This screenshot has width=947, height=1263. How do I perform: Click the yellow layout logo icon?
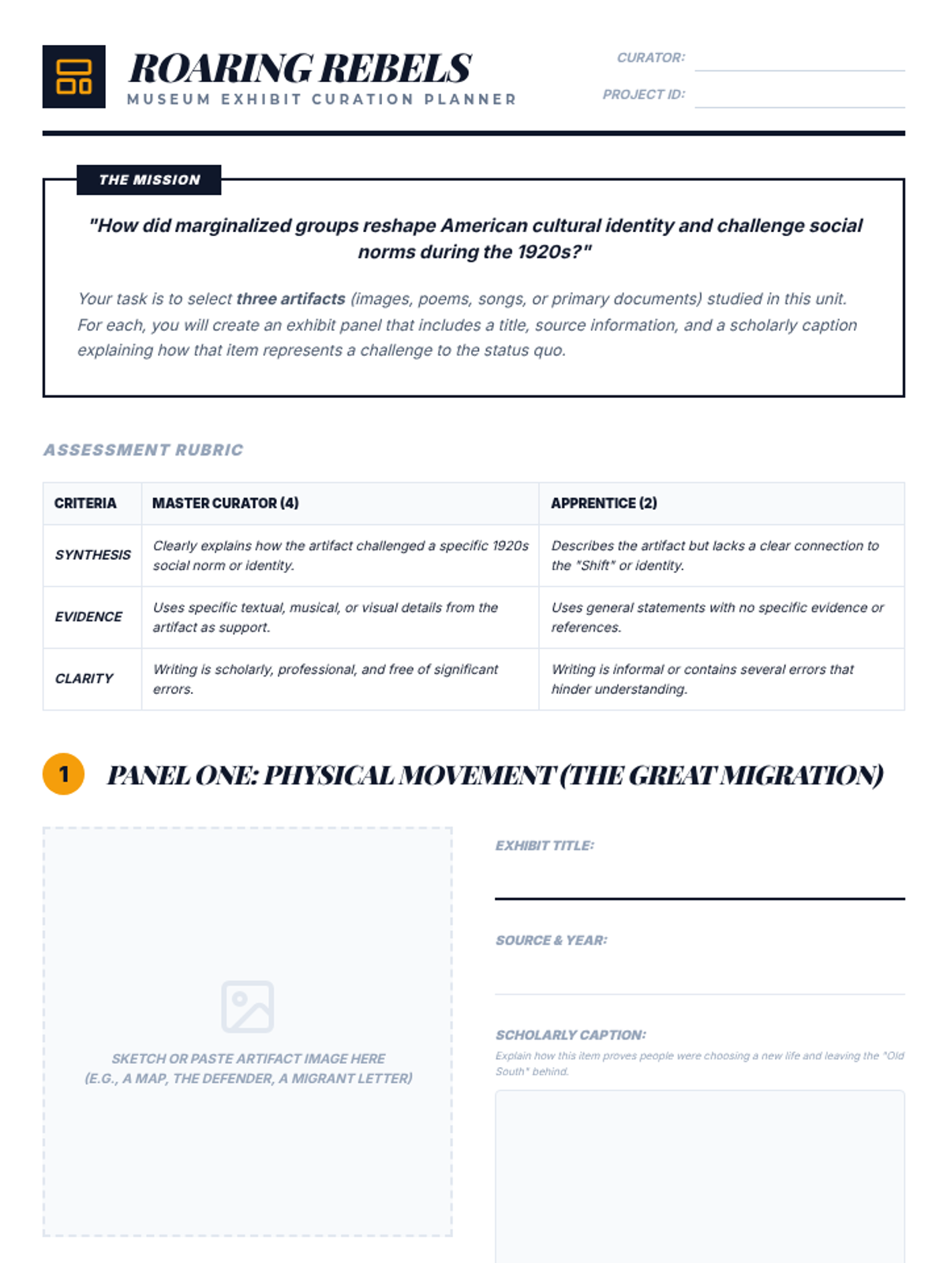tap(73, 77)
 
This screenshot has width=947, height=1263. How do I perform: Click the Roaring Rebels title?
tap(300, 68)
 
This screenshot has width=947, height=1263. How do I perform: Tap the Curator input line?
tap(799, 60)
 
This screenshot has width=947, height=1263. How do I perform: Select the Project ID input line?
tap(799, 96)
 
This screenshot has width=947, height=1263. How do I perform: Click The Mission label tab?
tap(149, 180)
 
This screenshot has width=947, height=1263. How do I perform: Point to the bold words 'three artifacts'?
tap(290, 299)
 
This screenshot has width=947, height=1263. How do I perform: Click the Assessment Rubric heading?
tap(144, 450)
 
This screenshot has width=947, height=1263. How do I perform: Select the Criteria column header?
tap(85, 504)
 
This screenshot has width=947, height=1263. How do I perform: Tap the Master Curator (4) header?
tap(226, 504)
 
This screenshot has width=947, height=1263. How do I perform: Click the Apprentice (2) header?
tap(604, 504)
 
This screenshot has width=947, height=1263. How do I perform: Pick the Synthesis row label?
tap(92, 555)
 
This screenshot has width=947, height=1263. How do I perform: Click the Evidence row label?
tap(88, 617)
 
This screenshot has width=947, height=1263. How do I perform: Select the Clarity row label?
tap(84, 679)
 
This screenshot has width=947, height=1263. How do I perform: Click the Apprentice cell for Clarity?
tap(721, 679)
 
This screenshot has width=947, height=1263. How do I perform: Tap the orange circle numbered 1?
tap(64, 774)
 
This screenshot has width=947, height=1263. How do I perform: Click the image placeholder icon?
tap(248, 1006)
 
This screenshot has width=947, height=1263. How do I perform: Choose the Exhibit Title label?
tap(545, 845)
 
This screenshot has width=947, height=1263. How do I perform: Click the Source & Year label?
tap(551, 940)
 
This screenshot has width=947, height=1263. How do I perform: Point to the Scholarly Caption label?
tap(571, 1035)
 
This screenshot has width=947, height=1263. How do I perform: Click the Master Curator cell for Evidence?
tap(339, 617)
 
